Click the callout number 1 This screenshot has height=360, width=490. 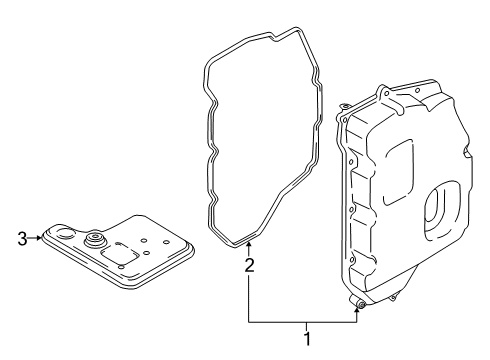pos(307,340)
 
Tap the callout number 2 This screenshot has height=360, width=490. pos(249,265)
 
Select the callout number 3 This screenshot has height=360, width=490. pos(22,237)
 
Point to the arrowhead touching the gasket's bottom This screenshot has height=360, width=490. pos(249,246)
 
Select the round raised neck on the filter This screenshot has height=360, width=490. pos(97,241)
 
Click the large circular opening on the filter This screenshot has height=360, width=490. pos(61,236)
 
